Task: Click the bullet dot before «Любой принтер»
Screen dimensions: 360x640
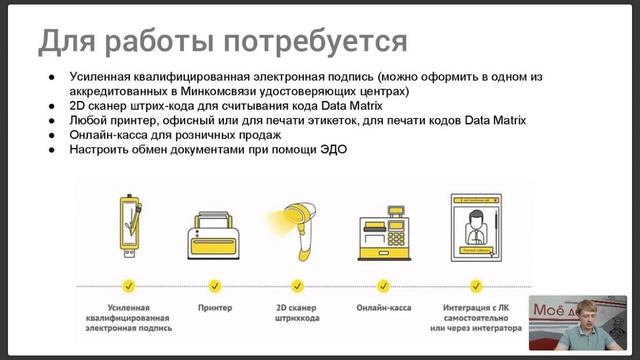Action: click(51, 121)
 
